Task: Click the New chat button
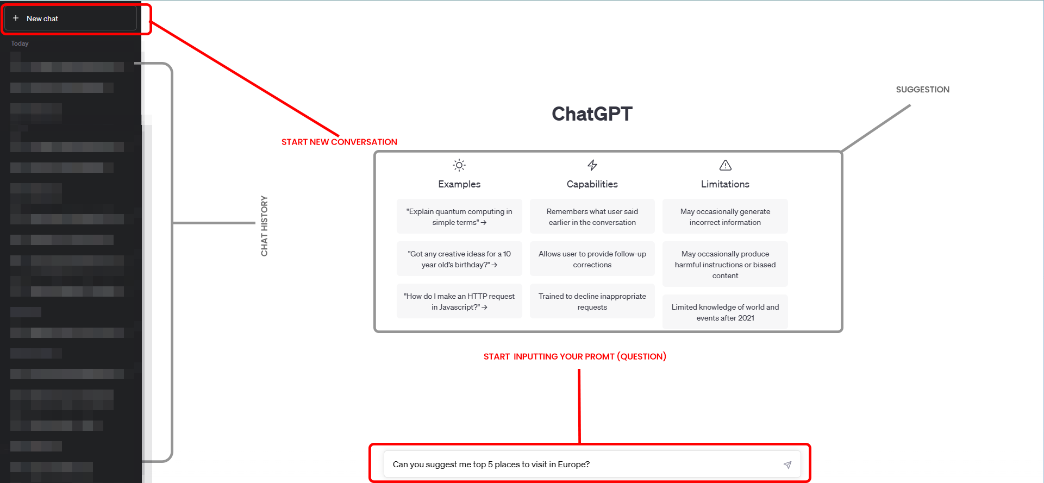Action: pos(71,18)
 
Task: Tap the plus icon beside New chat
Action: pos(16,18)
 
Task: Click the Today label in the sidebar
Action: pos(20,43)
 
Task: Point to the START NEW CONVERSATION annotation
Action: pos(339,142)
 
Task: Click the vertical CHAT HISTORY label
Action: pos(264,225)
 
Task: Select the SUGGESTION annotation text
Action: pos(922,90)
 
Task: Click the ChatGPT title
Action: pos(592,114)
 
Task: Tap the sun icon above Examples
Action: pos(459,165)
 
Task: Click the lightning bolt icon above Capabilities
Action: pos(592,165)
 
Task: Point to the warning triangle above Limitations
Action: pos(725,165)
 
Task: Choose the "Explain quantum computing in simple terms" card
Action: pos(459,217)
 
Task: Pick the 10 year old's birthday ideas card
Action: pos(459,259)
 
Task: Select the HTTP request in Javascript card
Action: pos(459,302)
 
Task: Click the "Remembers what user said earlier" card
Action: pos(592,217)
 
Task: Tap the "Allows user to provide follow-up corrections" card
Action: pos(592,259)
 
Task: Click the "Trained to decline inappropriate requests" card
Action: pos(592,302)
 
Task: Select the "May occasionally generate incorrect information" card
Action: pos(725,217)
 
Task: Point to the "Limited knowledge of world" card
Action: pos(725,312)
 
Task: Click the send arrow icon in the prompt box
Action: pos(787,465)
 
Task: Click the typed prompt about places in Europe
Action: pos(491,465)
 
